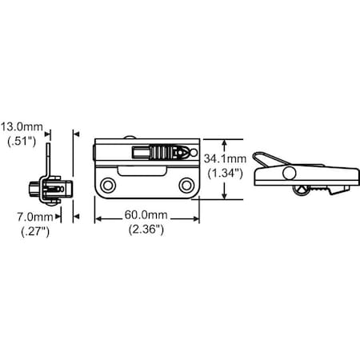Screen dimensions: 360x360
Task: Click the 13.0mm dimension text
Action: pos(22,126)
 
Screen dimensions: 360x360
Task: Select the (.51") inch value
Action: pos(22,141)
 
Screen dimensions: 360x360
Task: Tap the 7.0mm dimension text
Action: pos(35,217)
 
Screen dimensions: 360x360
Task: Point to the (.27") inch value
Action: pos(35,231)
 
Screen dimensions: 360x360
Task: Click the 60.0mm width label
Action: pos(146,215)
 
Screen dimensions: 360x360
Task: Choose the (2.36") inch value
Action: pos(146,229)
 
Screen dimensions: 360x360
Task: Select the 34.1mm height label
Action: pos(225,158)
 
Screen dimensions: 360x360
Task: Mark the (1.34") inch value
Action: pos(226,174)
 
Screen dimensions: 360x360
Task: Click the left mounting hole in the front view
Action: pos(108,185)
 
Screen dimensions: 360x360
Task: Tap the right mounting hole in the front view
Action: pos(186,185)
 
